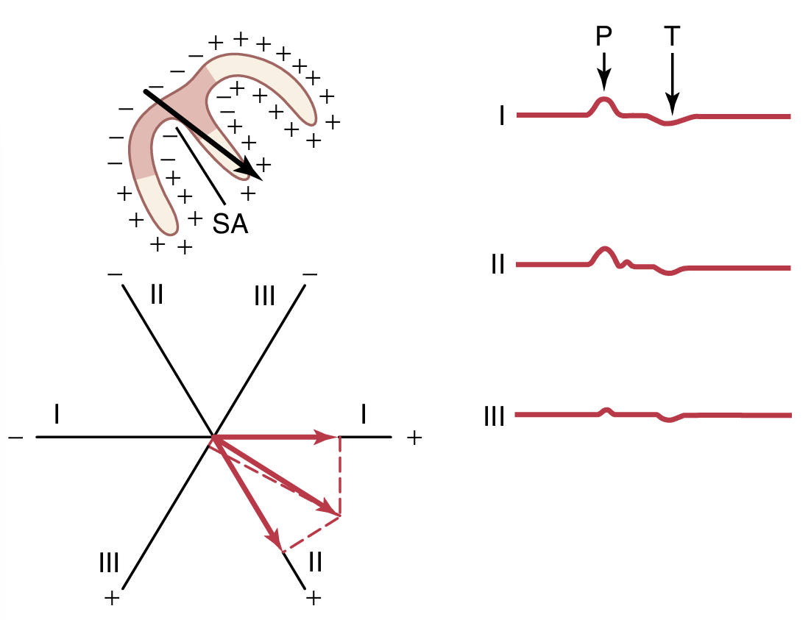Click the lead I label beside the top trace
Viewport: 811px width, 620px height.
tap(501, 116)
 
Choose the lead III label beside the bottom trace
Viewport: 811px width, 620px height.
tap(494, 417)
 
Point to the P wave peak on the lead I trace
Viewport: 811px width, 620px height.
tap(603, 99)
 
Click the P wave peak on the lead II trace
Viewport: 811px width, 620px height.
tap(603, 249)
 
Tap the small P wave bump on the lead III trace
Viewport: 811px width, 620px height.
tap(606, 409)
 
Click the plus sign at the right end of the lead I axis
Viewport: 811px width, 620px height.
tap(414, 438)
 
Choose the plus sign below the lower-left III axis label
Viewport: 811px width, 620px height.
tap(112, 598)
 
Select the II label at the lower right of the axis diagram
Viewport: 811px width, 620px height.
tap(315, 563)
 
